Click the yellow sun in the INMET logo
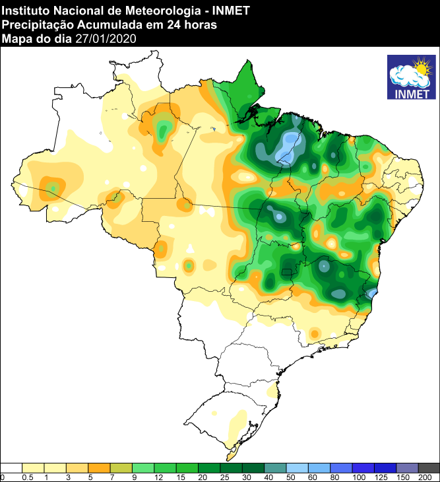tap(420, 66)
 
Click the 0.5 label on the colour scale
tap(28, 477)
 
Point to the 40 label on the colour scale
tap(268, 477)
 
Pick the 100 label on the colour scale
tap(359, 477)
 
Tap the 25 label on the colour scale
tap(224, 477)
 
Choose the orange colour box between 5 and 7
tap(99, 467)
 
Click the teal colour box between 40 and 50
tap(276, 467)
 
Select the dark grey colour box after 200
tap(429, 467)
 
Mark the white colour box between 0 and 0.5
tap(12, 467)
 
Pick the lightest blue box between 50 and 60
tap(298, 467)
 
